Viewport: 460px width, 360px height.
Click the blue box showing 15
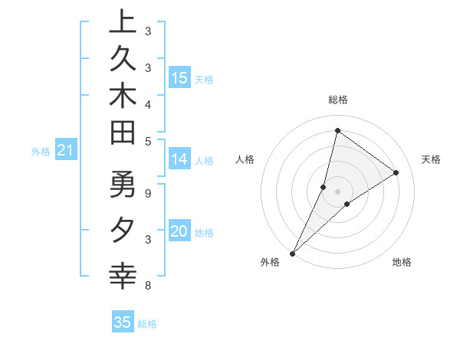tap(179, 77)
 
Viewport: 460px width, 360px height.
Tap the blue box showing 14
tap(179, 159)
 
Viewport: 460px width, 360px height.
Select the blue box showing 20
tap(179, 231)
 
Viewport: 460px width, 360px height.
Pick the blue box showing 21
tap(66, 151)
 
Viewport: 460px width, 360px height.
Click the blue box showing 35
tap(123, 322)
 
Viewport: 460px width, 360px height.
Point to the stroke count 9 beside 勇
tap(148, 193)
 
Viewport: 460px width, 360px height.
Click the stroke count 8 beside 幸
tap(148, 286)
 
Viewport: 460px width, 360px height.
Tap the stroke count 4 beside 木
tap(148, 103)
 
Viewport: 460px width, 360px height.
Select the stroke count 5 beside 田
tap(148, 140)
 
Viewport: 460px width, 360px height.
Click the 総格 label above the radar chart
tap(337, 100)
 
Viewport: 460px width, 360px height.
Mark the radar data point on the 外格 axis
tap(292, 253)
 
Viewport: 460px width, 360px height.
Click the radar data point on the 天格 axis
tap(396, 172)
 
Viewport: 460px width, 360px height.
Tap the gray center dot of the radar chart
tap(337, 191)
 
